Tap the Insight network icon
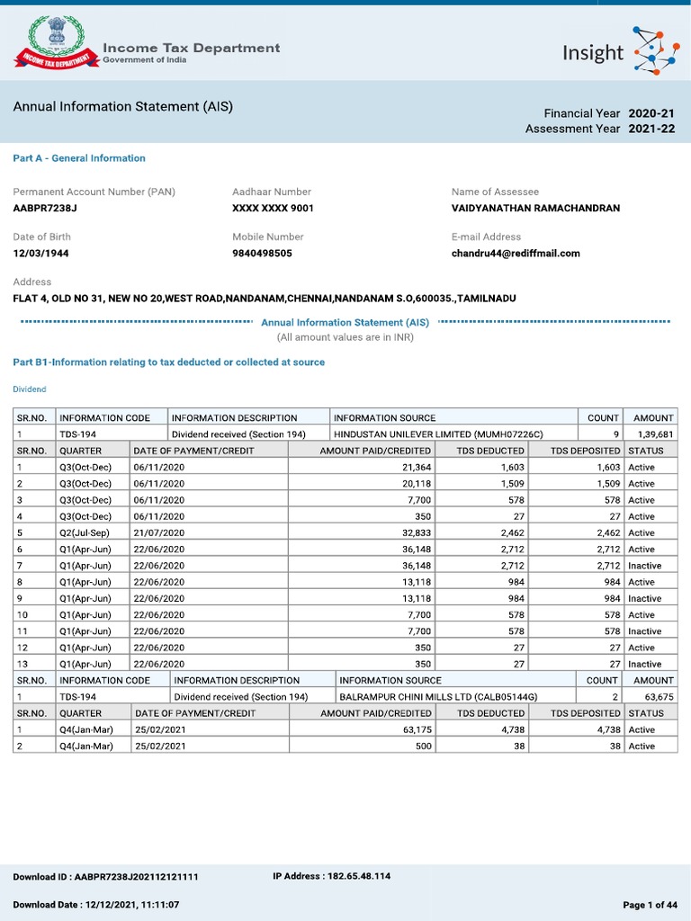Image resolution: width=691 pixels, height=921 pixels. [x=657, y=51]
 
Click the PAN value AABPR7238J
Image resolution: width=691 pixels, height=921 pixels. [x=45, y=209]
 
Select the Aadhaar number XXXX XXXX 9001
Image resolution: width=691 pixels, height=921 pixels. [x=273, y=209]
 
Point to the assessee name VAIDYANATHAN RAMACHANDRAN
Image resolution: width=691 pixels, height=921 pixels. [x=535, y=209]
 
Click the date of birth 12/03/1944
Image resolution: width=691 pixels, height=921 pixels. [x=40, y=254]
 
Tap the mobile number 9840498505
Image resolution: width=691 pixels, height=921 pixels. [x=262, y=254]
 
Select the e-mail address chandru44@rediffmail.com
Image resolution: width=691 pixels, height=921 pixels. [x=516, y=254]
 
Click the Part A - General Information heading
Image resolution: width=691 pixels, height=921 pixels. [x=79, y=158]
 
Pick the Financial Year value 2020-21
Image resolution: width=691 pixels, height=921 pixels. [x=651, y=113]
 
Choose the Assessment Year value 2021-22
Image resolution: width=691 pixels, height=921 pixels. [x=651, y=130]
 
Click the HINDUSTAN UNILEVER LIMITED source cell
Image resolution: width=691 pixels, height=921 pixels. [x=438, y=434]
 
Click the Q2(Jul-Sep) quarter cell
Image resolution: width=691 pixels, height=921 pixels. [x=85, y=533]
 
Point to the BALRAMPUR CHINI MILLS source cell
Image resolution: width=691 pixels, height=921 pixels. [x=438, y=697]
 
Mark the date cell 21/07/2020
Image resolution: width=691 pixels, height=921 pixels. [x=159, y=533]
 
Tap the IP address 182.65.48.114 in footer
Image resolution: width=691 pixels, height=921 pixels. [x=331, y=876]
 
